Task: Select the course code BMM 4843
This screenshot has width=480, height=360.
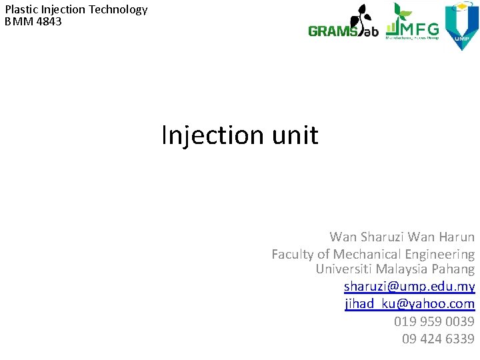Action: tap(33, 21)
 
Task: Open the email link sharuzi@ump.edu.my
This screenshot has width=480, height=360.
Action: tap(409, 287)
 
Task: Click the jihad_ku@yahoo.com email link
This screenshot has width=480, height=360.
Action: tap(409, 304)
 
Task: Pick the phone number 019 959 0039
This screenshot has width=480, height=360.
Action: tap(434, 321)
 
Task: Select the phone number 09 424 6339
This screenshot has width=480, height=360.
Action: tap(438, 339)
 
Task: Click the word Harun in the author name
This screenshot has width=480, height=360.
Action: tap(456, 237)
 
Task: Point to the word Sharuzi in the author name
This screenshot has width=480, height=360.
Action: tap(382, 237)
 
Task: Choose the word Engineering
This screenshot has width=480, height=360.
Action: tap(441, 254)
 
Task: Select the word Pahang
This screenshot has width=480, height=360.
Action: tap(453, 269)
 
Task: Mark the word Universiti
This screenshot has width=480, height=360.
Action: tap(344, 269)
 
